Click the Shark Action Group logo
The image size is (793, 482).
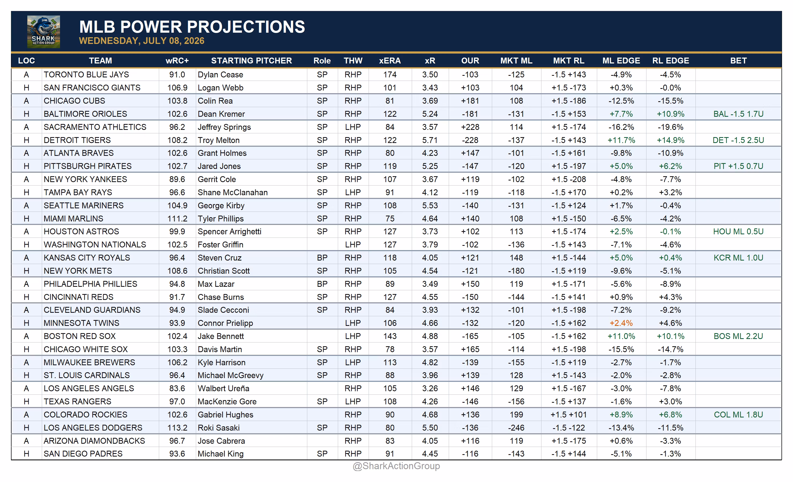point(43,32)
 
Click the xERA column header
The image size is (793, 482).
point(390,61)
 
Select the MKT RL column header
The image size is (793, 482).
point(569,61)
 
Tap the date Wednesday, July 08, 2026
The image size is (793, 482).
point(142,41)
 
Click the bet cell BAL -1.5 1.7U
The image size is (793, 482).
point(738,114)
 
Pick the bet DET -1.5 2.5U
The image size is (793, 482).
point(738,140)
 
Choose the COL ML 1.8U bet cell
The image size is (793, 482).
point(738,415)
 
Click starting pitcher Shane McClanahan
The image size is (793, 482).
point(233,193)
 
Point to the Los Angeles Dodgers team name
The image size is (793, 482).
point(93,428)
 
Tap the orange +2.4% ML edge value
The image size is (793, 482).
point(621,323)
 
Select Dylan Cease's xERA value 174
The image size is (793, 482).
point(390,75)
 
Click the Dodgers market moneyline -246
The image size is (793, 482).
point(516,428)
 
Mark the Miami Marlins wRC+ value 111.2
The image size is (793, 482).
point(177,219)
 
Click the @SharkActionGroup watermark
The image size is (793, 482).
point(396,466)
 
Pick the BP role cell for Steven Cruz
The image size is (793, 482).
point(322,258)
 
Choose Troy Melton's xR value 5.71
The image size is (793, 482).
point(430,140)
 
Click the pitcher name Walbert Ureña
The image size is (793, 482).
point(223,388)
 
